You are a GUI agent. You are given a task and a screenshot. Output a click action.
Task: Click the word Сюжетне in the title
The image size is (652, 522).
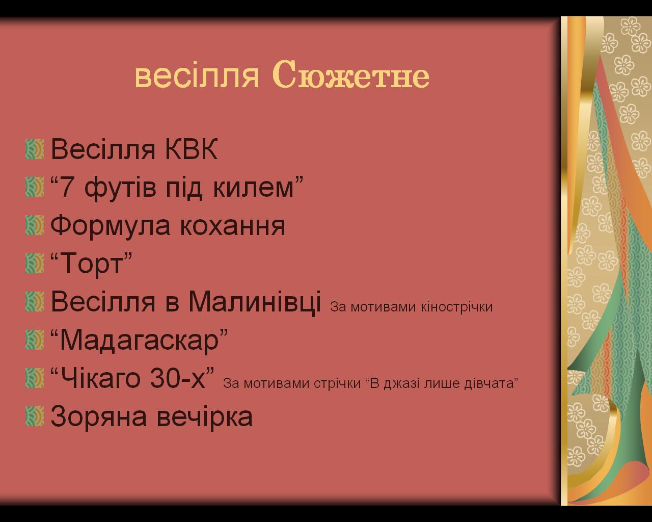pos(351,75)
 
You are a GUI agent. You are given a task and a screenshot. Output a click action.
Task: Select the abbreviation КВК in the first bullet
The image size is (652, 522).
pos(192,149)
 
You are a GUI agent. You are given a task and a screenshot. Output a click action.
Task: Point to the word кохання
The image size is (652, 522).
pos(232,225)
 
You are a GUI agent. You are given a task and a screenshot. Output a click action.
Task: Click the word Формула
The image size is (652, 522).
pos(111,226)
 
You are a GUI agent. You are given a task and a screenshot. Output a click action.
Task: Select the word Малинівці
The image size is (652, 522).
pos(255,302)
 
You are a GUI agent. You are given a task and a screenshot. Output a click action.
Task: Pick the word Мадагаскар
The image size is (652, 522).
pos(140,341)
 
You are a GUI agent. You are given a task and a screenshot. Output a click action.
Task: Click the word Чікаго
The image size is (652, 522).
pos(100,378)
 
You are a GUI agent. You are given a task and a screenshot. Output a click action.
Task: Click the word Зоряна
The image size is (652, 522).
pos(98,416)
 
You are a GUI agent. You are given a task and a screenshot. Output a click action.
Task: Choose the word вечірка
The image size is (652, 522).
pos(205,416)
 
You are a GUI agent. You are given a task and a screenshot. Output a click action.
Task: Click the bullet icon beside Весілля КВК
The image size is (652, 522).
pos(35,149)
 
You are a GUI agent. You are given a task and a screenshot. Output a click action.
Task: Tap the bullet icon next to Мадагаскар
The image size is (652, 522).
pos(35,340)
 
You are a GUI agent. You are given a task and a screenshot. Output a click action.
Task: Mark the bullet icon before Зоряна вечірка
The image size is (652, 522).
pos(35,416)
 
